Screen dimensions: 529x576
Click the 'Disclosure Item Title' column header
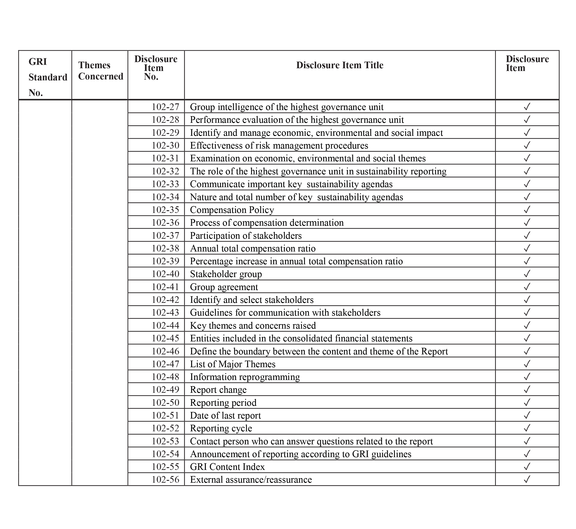click(x=339, y=65)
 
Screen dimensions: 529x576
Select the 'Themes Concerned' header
click(x=100, y=71)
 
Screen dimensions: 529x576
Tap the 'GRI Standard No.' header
click(x=48, y=77)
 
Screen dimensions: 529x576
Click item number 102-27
click(x=165, y=107)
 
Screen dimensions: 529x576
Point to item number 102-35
click(x=165, y=210)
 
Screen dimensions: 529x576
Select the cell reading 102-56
click(x=165, y=479)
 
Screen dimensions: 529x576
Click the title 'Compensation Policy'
click(x=232, y=210)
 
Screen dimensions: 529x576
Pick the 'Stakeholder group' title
click(x=226, y=274)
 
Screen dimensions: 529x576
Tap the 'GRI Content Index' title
click(x=227, y=467)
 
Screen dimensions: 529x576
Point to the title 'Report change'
click(x=218, y=390)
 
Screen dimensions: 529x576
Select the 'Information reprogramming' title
click(x=245, y=377)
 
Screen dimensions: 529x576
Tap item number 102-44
click(x=165, y=325)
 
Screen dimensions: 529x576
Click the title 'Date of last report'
click(x=225, y=415)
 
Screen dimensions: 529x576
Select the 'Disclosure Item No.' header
click(x=156, y=68)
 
